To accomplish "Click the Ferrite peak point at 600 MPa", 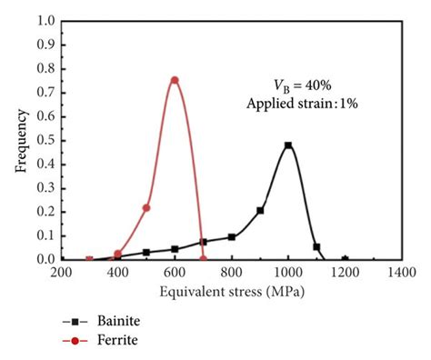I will [x=175, y=80].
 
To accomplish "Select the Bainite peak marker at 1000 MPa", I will [x=288, y=145].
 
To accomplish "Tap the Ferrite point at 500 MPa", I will [x=146, y=208].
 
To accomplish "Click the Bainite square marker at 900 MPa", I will [x=260, y=210].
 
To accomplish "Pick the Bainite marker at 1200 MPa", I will [x=345, y=259].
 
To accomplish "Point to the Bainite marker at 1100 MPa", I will [x=316, y=246].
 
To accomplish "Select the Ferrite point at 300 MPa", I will [x=89, y=259].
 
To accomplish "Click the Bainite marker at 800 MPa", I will [x=232, y=236].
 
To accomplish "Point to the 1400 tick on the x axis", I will [x=401, y=271].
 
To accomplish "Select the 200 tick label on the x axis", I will [x=61, y=271].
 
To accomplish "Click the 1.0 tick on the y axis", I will [x=45, y=20].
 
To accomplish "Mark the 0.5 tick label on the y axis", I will [x=45, y=140].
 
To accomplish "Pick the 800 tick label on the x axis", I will [x=232, y=271].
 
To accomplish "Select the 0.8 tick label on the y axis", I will [x=45, y=68].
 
